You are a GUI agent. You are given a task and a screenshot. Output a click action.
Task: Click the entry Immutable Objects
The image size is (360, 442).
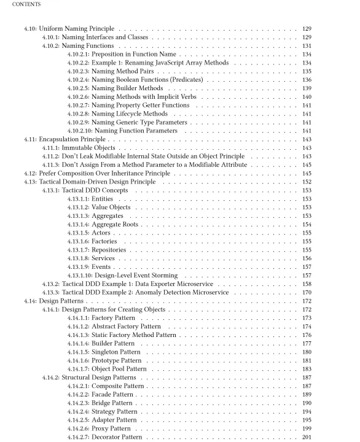tap(92, 149)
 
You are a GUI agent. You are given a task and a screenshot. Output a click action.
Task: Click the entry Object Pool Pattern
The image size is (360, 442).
tap(126, 369)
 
